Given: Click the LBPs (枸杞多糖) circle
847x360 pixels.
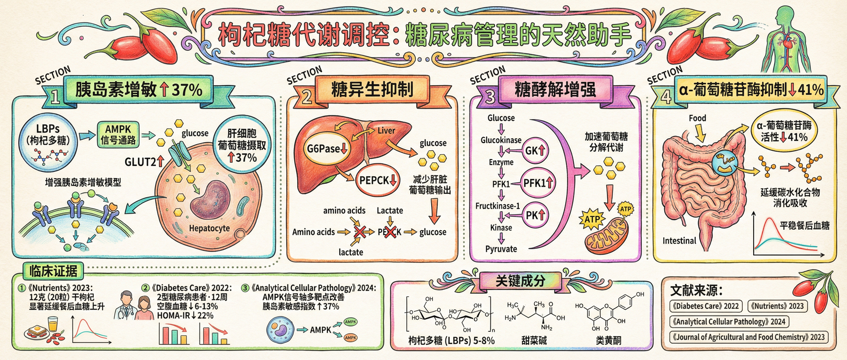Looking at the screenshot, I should pos(48,142).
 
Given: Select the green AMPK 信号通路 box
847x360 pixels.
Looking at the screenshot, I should pos(118,135).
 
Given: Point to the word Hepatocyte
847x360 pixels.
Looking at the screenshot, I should pos(209,228).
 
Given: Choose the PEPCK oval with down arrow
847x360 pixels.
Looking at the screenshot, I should pos(378,180).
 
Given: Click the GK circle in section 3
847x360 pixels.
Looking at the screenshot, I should pos(535,150).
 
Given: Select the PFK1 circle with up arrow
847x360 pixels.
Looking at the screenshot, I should pos(538,183).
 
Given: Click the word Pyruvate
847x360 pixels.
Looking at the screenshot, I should pos(501,249).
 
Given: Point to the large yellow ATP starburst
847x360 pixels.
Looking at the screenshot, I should pos(592,220).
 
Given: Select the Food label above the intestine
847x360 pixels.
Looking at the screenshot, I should pos(697,118).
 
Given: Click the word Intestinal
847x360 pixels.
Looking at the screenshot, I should pos(679,241).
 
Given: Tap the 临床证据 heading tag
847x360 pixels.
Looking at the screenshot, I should pos(53,271).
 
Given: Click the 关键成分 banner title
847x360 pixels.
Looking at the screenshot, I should pos(520,281).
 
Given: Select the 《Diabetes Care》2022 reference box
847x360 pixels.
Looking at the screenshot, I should pos(705,306).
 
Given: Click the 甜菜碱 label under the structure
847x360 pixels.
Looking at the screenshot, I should pos(534,340).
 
